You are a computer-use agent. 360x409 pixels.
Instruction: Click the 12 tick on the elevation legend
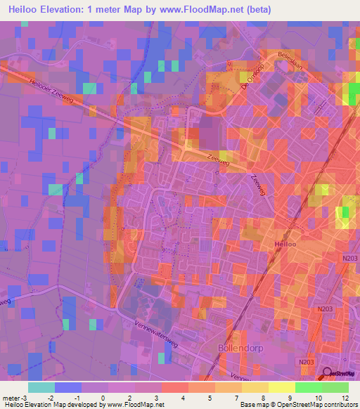click(x=345, y=398)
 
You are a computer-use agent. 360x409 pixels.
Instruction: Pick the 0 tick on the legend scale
click(x=103, y=398)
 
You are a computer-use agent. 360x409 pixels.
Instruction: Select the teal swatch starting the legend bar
click(x=41, y=387)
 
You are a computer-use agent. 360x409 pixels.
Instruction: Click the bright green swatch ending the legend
click(x=335, y=387)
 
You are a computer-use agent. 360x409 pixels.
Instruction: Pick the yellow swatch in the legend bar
click(x=281, y=387)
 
